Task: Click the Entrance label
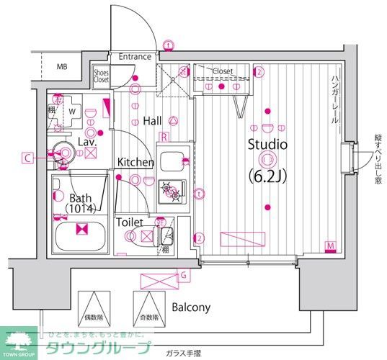click(x=135, y=57)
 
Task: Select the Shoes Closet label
click(x=101, y=76)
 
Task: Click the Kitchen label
click(x=136, y=163)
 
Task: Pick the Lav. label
click(x=87, y=143)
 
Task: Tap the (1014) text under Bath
click(x=83, y=209)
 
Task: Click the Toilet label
click(x=130, y=223)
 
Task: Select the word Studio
click(x=267, y=145)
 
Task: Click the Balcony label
click(x=191, y=307)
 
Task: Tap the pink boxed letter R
click(x=164, y=136)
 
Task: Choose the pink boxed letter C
click(x=26, y=157)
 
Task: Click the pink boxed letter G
click(x=184, y=274)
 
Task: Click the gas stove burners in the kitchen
click(x=172, y=189)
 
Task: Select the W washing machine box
click(x=74, y=112)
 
